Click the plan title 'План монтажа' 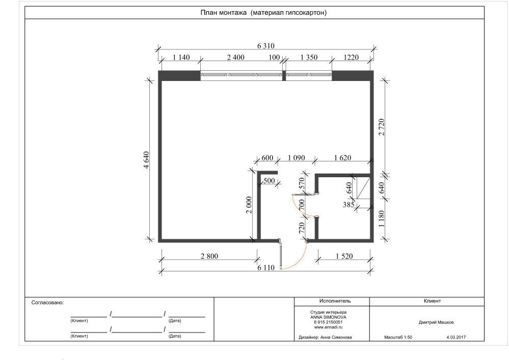pyautogui.click(x=223, y=13)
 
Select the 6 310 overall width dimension pyautogui.click(x=266, y=46)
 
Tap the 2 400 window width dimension pyautogui.click(x=236, y=58)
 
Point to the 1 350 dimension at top pyautogui.click(x=309, y=58)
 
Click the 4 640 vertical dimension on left pyautogui.click(x=146, y=160)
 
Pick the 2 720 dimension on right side pyautogui.click(x=382, y=127)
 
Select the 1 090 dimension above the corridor pyautogui.click(x=297, y=158)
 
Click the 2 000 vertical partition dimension pyautogui.click(x=249, y=205)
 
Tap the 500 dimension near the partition pyautogui.click(x=269, y=181)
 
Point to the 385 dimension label pyautogui.click(x=349, y=205)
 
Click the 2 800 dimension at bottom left pyautogui.click(x=209, y=256)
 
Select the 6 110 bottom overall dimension pyautogui.click(x=266, y=267)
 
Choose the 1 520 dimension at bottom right pyautogui.click(x=344, y=256)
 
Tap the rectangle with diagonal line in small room pyautogui.click(x=364, y=188)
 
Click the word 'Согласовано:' pyautogui.click(x=48, y=302)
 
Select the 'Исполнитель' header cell pyautogui.click(x=335, y=301)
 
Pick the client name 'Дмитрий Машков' pyautogui.click(x=436, y=322)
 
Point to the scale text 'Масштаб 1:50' pyautogui.click(x=398, y=337)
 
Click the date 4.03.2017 pyautogui.click(x=456, y=337)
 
